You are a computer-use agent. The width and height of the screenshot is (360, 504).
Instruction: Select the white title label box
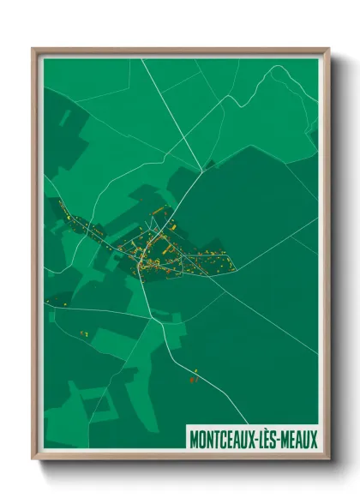(x=253, y=439)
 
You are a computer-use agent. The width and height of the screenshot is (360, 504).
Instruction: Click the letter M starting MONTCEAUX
(x=193, y=439)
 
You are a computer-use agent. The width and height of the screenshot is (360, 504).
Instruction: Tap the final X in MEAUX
(x=314, y=439)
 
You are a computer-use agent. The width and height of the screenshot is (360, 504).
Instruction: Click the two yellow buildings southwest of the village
(x=84, y=333)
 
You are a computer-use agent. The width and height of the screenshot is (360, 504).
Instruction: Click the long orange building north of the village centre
(x=158, y=212)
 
